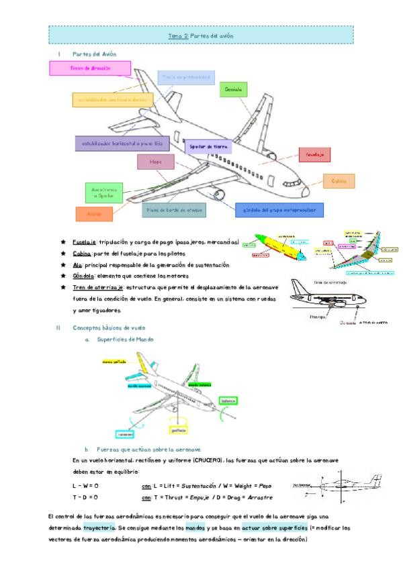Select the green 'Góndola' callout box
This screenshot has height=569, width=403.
tap(234, 89)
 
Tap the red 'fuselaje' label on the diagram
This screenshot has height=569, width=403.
tap(314, 155)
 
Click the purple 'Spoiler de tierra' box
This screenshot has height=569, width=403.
tap(208, 146)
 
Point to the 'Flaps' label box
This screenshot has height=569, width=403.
tap(156, 162)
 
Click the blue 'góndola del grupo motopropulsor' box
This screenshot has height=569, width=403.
tap(279, 210)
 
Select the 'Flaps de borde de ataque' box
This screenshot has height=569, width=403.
tap(174, 209)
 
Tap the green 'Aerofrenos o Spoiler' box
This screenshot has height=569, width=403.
tap(104, 193)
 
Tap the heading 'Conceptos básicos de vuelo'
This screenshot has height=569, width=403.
tap(108, 327)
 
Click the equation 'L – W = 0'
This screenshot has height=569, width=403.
tap(86, 485)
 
